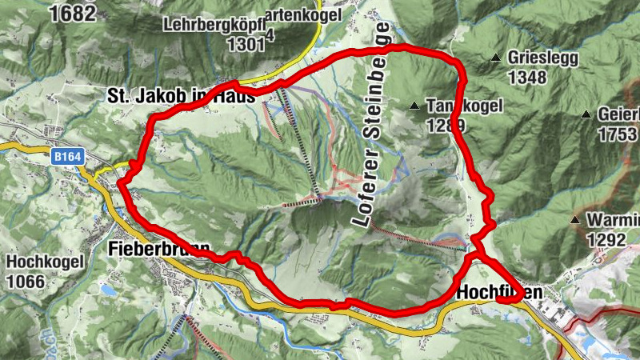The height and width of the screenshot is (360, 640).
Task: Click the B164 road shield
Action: tap(69, 158)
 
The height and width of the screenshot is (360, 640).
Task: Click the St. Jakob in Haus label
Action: tap(181, 96)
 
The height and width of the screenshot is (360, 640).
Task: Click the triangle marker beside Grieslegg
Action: tap(495, 58)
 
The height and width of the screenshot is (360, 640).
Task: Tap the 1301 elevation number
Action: tap(245, 44)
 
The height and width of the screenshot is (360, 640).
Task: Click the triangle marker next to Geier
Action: tap(586, 114)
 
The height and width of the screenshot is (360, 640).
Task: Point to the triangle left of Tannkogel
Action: tap(414, 106)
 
